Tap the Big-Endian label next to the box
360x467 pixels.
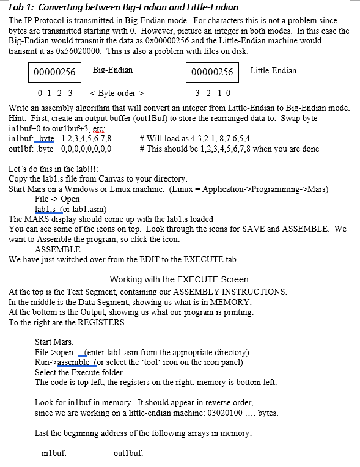tap(112, 70)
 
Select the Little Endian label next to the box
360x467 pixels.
tap(273, 71)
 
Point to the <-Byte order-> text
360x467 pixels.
tap(116, 94)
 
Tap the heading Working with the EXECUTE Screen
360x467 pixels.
tap(179, 279)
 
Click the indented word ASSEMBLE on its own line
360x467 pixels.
tap(57, 249)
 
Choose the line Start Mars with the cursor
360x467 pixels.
tap(54, 342)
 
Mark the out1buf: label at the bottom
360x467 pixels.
tap(128, 454)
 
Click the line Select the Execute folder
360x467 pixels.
tap(79, 372)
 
